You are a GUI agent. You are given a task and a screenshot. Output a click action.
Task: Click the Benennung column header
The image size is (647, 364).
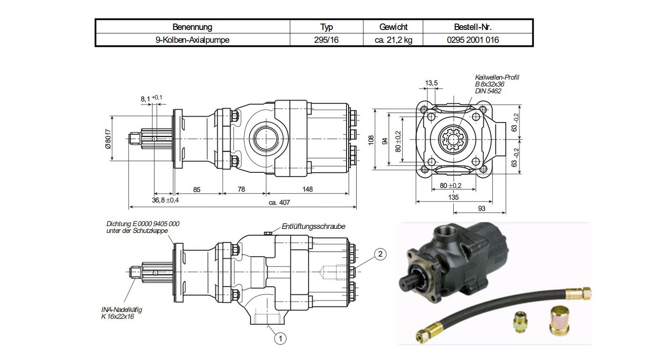click(192, 27)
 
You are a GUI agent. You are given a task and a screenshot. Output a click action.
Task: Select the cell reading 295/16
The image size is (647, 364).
click(326, 40)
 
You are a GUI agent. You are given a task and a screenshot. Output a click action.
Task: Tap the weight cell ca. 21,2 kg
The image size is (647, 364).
click(393, 40)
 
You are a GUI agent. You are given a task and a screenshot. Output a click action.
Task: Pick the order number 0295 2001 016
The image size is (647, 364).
click(473, 40)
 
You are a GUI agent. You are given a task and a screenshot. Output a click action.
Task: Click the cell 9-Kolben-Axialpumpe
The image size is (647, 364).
click(192, 40)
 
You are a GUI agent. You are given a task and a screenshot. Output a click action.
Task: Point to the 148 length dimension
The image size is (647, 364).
click(307, 189)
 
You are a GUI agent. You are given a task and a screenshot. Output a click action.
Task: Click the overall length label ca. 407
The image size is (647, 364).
click(279, 203)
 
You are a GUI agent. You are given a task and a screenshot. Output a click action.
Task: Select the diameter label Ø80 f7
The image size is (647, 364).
click(108, 139)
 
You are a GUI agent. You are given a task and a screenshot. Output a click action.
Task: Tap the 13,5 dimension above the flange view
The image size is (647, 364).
click(431, 83)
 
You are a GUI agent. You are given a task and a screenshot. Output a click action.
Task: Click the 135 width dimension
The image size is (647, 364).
click(453, 197)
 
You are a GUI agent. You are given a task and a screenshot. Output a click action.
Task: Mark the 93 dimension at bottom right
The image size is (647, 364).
click(482, 209)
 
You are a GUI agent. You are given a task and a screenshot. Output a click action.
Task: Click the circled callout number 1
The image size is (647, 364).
click(280, 338)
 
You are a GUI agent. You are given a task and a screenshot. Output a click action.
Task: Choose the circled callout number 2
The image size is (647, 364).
click(380, 254)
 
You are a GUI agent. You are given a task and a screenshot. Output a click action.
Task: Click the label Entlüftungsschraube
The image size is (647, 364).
click(313, 226)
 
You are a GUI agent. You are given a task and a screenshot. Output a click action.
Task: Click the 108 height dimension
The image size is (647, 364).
click(371, 140)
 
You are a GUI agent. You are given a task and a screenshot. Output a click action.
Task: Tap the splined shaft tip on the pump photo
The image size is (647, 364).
click(408, 282)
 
